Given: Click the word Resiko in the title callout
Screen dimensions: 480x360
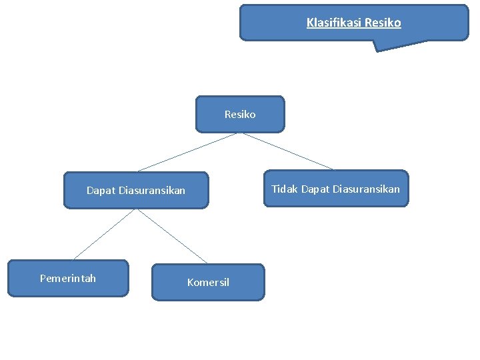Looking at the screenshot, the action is [x=383, y=23].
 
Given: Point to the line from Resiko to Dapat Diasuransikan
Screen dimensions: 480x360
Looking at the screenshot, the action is [x=187, y=152].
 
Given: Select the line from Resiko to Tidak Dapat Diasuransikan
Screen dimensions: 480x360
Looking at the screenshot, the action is [x=287, y=151].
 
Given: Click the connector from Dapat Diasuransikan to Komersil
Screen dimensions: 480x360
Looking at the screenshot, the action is [x=172, y=236].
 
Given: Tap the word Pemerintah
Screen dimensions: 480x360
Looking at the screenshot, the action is [x=67, y=278].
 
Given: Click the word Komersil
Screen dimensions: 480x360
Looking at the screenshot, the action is [x=208, y=283].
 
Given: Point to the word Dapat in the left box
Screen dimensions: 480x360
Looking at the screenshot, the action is [x=101, y=191].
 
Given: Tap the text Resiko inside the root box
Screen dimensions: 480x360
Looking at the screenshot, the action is [x=240, y=115].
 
